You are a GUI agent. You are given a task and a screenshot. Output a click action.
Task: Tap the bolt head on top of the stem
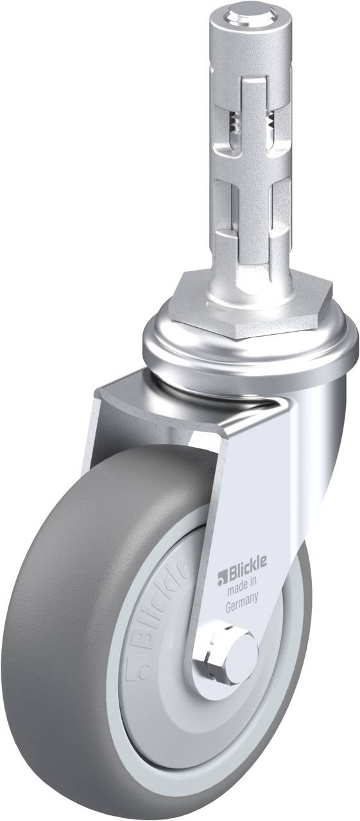[x=248, y=11]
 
